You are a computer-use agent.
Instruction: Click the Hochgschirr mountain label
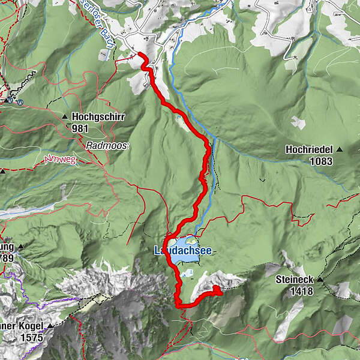click(98, 117)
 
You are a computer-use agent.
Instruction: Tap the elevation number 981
click(80, 128)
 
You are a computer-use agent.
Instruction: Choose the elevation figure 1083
click(322, 161)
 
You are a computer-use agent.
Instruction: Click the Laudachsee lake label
click(183, 251)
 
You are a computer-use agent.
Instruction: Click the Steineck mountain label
click(295, 280)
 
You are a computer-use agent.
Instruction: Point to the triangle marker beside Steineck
click(320, 280)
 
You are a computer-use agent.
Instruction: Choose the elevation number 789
click(7, 257)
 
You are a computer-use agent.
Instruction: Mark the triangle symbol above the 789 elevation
click(21, 247)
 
